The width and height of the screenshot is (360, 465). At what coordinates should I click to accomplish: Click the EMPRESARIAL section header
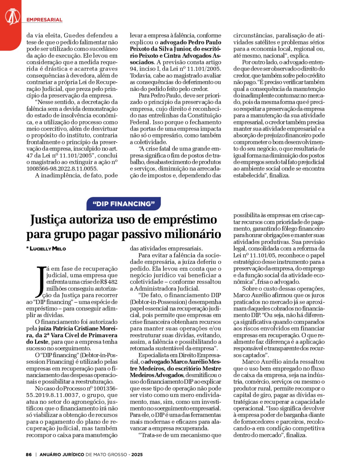(x=44, y=20)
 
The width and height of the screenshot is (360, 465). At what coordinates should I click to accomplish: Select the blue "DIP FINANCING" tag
(x=123, y=204)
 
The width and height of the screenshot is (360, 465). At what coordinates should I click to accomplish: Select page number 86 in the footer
(x=29, y=454)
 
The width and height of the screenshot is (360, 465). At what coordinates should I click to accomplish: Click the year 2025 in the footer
(x=137, y=454)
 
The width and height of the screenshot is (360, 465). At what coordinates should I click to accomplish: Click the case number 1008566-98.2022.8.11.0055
(x=62, y=169)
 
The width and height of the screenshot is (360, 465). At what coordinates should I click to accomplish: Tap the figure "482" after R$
(x=113, y=282)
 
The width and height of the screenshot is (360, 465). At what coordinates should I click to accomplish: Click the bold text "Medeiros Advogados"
(x=157, y=375)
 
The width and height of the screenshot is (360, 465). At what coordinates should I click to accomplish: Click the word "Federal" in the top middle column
(x=139, y=122)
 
